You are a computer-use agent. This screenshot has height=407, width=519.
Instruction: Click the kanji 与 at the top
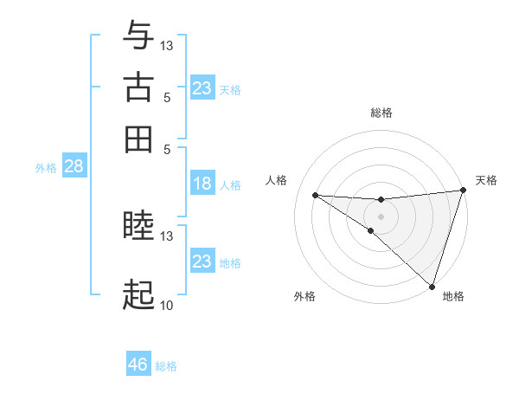click(138, 36)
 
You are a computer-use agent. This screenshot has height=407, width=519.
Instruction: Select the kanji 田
click(138, 139)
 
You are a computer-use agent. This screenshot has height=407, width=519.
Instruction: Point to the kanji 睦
click(138, 227)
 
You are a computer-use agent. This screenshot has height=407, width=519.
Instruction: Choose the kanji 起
click(138, 295)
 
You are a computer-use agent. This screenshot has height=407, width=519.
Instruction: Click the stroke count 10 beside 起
click(166, 305)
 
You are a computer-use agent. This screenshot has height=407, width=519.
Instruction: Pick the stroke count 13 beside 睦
click(167, 236)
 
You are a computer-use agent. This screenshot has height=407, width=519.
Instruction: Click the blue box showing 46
click(138, 365)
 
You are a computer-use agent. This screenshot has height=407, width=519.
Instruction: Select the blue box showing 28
click(74, 167)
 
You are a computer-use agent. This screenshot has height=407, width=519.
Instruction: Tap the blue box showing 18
click(202, 184)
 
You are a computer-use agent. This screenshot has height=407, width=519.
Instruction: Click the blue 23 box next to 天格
click(202, 88)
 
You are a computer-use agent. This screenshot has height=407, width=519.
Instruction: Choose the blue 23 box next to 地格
click(202, 262)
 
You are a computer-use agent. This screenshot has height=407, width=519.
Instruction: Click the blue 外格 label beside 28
click(46, 168)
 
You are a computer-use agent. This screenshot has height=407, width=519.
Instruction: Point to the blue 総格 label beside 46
click(166, 366)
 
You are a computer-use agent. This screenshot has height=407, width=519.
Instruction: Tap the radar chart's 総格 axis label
click(381, 113)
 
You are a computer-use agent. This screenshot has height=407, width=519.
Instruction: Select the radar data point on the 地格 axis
click(432, 286)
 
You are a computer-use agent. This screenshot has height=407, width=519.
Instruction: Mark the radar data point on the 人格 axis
click(315, 195)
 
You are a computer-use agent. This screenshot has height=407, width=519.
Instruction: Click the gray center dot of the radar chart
click(381, 216)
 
